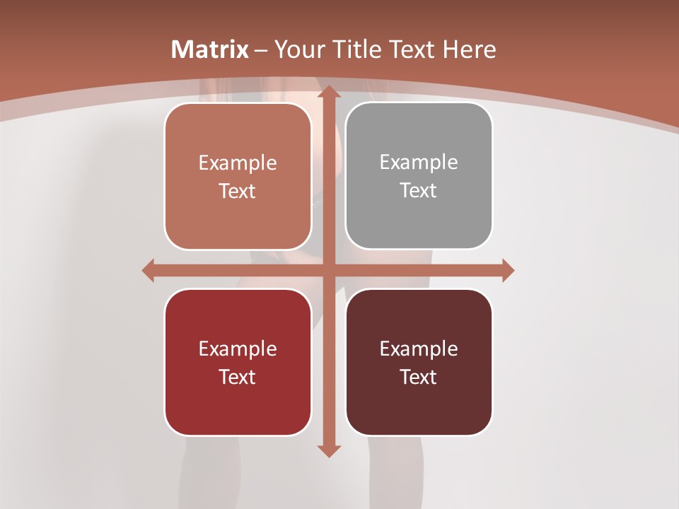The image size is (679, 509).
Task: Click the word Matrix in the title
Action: click(x=210, y=49)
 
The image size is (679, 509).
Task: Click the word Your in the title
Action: click(x=296, y=49)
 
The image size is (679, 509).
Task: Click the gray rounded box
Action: click(x=419, y=176)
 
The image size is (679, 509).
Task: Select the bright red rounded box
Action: click(x=238, y=363)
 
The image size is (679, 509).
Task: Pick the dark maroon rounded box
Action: click(x=419, y=363)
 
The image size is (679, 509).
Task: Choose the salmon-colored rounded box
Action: click(x=238, y=176)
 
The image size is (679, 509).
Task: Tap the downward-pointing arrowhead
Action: click(x=328, y=450)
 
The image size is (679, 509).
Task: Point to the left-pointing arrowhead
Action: click(x=148, y=270)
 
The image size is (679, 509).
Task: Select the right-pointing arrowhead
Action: click(x=508, y=270)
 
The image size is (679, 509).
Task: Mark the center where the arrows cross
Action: click(x=328, y=270)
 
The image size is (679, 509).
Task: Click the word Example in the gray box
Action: click(x=419, y=162)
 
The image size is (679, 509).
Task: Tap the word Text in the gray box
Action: click(x=419, y=190)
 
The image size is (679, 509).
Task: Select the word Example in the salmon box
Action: click(x=238, y=163)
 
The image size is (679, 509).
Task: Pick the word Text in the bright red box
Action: click(x=238, y=377)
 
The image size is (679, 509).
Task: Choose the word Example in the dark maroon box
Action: click(x=419, y=349)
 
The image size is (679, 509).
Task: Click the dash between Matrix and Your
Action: click(x=261, y=50)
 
